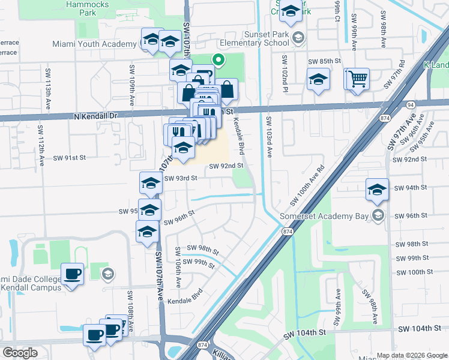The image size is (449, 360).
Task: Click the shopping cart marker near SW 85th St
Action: [357, 79]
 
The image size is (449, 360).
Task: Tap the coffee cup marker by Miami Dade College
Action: [73, 274]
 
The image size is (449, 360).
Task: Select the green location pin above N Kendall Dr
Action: [218, 60]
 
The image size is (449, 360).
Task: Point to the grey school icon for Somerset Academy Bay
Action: [378, 215]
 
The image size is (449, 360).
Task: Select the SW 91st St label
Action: [70, 158]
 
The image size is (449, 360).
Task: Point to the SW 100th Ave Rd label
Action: [306, 184]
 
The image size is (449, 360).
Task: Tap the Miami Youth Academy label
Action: [94, 44]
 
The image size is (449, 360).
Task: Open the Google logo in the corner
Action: [20, 353]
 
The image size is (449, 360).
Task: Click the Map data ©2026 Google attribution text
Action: [412, 355]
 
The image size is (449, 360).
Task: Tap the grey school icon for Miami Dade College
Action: [108, 275]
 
